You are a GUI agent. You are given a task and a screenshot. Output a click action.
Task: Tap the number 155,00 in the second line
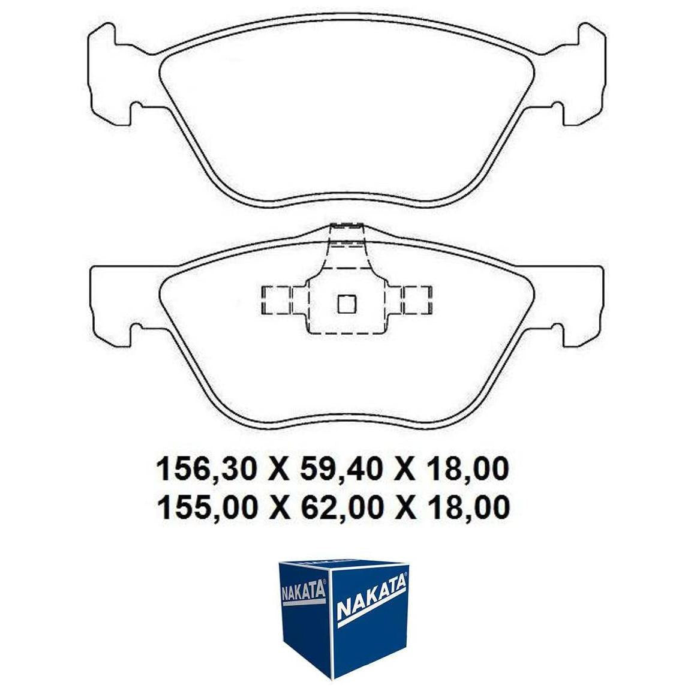[207, 507]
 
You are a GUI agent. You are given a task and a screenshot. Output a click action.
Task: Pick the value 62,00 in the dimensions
[340, 507]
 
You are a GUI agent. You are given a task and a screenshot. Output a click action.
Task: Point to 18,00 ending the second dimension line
[467, 507]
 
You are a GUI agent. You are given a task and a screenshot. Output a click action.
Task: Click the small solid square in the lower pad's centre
[346, 304]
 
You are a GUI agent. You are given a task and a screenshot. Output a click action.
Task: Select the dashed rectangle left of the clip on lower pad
[277, 300]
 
